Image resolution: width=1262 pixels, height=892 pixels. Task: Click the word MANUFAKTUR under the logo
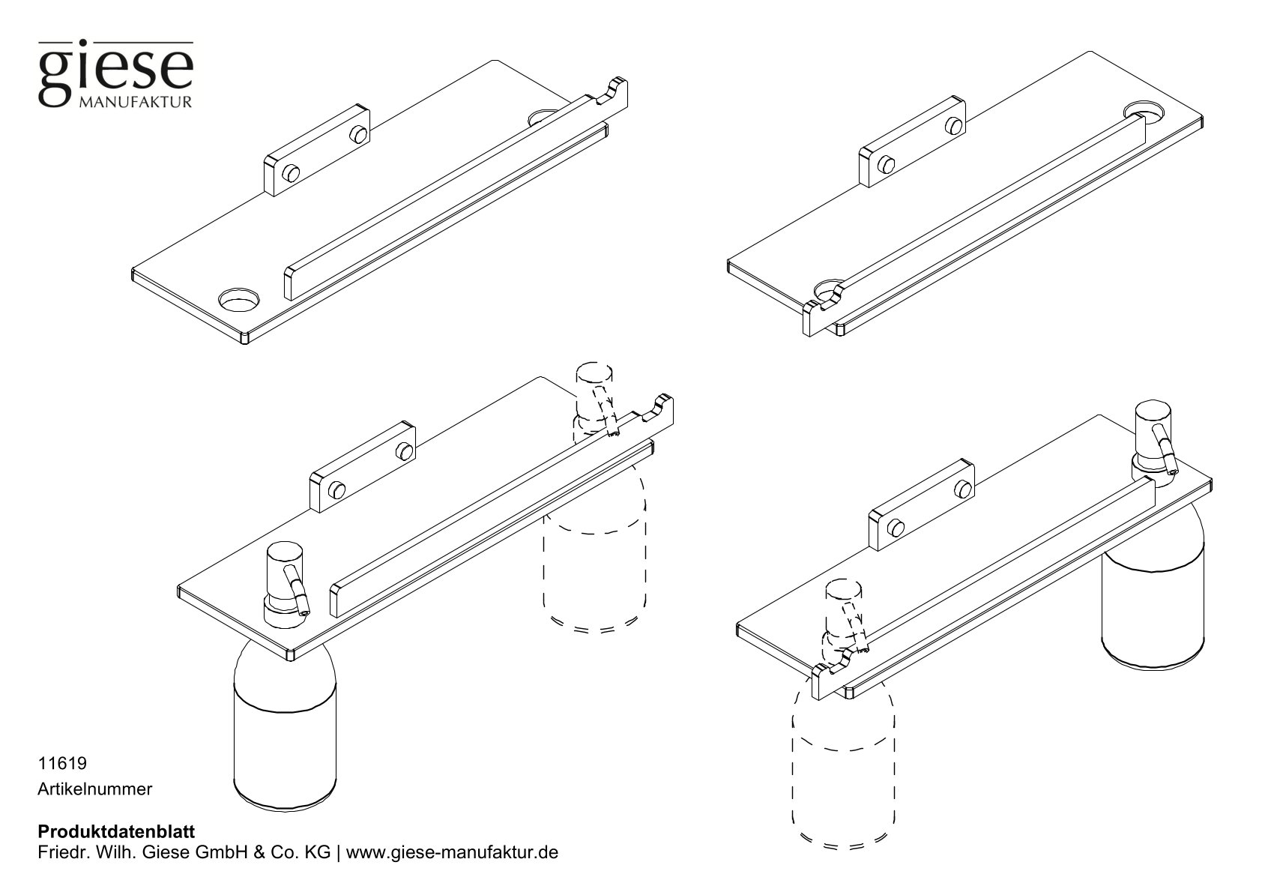tap(135, 101)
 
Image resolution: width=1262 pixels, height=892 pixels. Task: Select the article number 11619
tap(62, 764)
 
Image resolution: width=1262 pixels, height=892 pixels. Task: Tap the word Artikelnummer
tap(94, 789)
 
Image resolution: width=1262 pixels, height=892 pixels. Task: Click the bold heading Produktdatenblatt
tap(116, 832)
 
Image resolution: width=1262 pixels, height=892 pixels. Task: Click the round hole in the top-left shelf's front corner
tap(239, 301)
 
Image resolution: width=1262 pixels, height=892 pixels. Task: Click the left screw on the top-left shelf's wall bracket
tap(290, 174)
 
